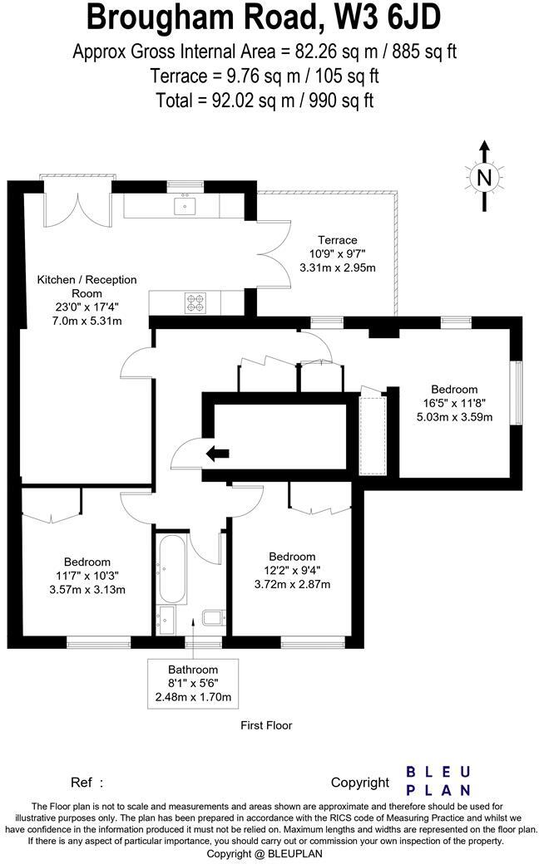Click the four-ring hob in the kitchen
(195, 302)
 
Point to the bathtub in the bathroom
(173, 570)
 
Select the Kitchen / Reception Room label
(87, 287)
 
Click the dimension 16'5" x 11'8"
(454, 403)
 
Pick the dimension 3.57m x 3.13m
(87, 590)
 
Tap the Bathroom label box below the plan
(193, 683)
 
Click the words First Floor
(266, 725)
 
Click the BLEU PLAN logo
(438, 781)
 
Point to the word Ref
(81, 782)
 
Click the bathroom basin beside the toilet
(166, 620)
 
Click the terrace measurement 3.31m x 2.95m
(338, 268)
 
